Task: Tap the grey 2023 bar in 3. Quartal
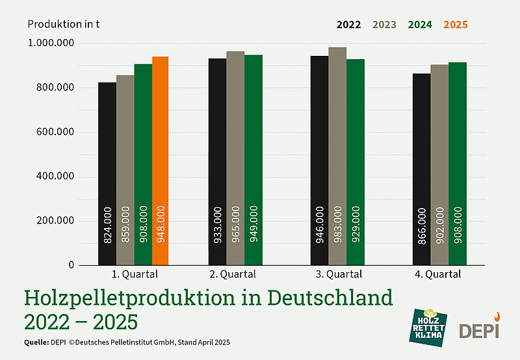click(337, 156)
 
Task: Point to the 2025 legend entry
click(455, 25)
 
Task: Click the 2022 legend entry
click(349, 25)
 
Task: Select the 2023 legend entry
click(384, 25)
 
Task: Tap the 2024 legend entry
click(420, 25)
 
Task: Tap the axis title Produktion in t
click(63, 25)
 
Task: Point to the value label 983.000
click(337, 225)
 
